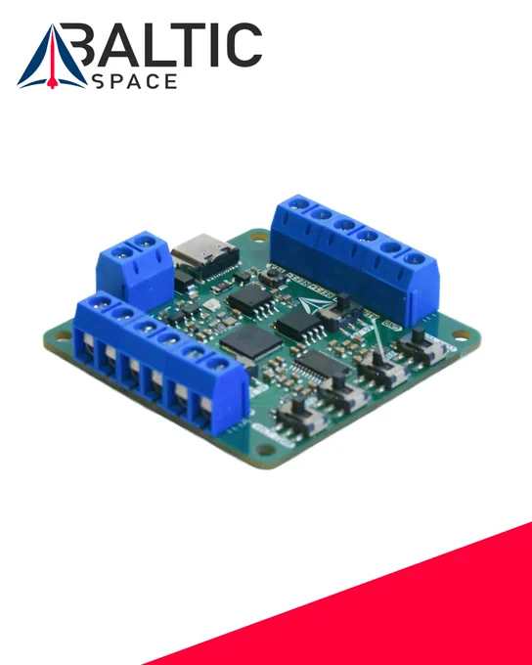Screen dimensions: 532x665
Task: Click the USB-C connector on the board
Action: click(x=205, y=256)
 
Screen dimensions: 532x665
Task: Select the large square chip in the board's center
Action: click(x=251, y=342)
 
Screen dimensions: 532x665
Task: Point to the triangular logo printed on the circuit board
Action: click(x=314, y=304)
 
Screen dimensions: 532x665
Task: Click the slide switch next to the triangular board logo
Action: click(x=341, y=313)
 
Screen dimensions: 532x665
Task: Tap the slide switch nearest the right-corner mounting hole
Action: click(x=421, y=346)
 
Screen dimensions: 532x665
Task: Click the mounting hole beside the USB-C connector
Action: click(x=259, y=237)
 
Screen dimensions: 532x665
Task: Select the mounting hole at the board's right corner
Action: click(x=462, y=334)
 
